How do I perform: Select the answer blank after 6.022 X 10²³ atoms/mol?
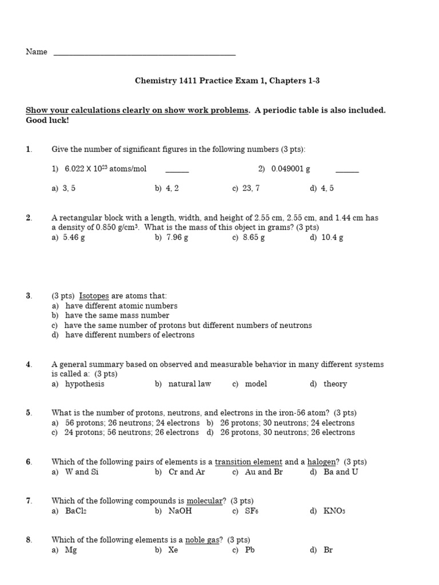coord(177,170)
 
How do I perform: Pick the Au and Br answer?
coord(257,472)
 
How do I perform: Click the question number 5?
coord(29,413)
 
